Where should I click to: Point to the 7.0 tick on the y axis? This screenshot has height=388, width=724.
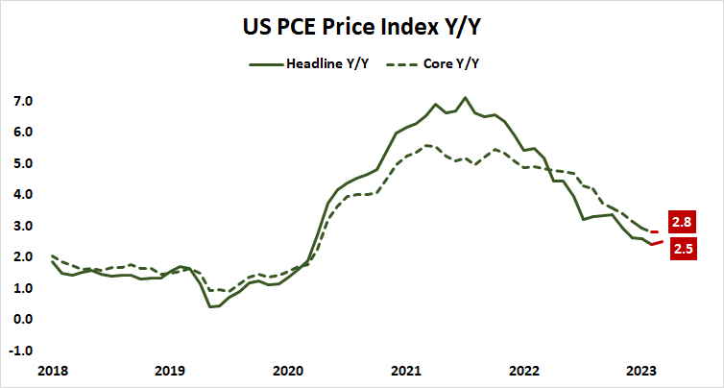coord(23,101)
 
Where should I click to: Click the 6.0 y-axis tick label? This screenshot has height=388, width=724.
coord(23,132)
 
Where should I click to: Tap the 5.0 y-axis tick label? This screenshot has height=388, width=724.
coord(23,163)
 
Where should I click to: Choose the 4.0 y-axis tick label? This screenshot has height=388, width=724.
coord(23,194)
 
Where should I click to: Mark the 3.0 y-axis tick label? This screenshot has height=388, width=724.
coord(23,226)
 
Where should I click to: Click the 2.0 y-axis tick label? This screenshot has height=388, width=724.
coord(23,256)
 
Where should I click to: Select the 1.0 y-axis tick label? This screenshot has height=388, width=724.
coord(23,288)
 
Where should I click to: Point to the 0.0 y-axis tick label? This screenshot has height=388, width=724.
coord(23,319)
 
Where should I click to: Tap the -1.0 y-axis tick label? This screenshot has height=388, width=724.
coord(21,351)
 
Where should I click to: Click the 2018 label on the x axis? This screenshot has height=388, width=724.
coord(51,370)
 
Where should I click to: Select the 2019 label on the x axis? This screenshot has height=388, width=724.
coord(169,370)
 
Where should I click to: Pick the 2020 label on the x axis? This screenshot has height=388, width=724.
coord(287,370)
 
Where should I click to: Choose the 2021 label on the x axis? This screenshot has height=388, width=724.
coord(405,370)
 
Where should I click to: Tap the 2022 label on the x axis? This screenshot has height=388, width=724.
coord(523,370)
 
